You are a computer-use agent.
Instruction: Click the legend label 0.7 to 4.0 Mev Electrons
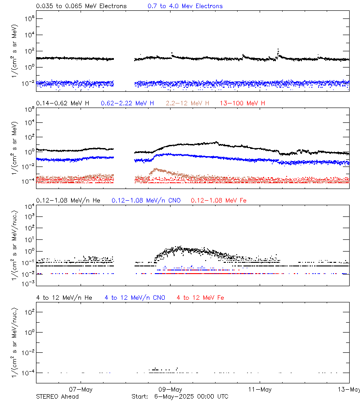[x=185, y=6]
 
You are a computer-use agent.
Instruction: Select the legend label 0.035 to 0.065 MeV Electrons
[x=81, y=6]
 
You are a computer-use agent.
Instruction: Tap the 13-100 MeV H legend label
[x=243, y=103]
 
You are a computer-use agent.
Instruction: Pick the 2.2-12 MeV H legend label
[x=188, y=103]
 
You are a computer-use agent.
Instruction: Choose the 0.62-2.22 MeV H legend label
[x=127, y=103]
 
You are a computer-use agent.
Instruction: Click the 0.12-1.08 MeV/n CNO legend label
[x=146, y=200]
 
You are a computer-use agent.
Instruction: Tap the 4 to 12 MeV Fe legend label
[x=200, y=298]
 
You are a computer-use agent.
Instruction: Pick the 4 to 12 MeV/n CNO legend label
[x=135, y=298]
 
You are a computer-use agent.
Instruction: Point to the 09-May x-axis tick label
[x=170, y=389]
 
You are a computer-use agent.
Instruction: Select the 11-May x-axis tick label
[x=260, y=389]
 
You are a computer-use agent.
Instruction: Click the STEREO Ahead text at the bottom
[x=57, y=396]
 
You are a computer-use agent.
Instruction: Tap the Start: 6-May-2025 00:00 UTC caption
[x=180, y=396]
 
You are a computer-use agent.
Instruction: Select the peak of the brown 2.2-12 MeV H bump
[x=156, y=169]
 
